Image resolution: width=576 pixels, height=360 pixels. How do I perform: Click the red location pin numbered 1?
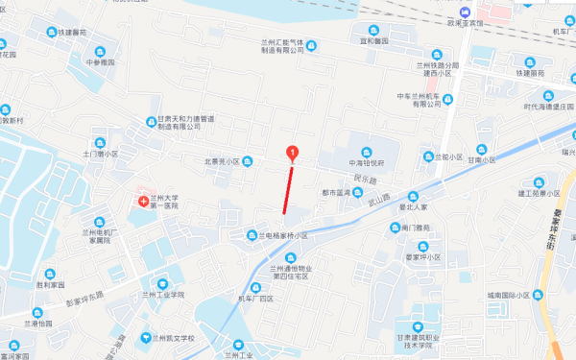(293, 152)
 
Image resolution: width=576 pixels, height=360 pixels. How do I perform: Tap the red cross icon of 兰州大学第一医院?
(143, 202)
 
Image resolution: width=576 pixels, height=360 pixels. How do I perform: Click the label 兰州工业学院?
(160, 296)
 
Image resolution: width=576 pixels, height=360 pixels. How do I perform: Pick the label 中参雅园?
(100, 62)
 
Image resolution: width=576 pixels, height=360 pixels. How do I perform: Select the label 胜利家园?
(50, 285)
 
